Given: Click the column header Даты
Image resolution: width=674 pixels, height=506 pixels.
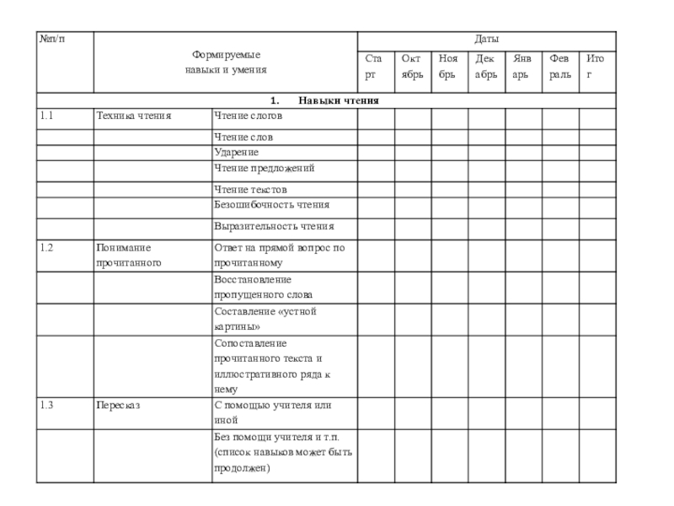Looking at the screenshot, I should (486, 40).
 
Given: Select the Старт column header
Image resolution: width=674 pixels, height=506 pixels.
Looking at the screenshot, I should (375, 67).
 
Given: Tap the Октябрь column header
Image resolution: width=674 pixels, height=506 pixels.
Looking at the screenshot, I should (412, 67).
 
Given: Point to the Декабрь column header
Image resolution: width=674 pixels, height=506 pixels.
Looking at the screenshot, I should (485, 67).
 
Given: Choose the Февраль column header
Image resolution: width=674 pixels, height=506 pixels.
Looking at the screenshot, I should (559, 67).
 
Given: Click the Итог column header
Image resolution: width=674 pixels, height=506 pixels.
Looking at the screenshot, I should (596, 67).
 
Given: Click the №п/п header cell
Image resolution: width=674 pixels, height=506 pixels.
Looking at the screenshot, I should (51, 40).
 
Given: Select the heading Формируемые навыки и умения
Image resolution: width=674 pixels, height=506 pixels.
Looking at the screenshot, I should (226, 62).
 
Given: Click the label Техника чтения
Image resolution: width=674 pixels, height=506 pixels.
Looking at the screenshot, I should (133, 116).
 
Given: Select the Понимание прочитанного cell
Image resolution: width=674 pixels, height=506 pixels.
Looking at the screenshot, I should (128, 255).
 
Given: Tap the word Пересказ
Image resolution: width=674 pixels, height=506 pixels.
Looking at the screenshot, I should (118, 406).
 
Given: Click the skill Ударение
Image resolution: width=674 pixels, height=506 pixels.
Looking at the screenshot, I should (237, 152).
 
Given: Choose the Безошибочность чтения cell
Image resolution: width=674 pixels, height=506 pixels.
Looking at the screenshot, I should (271, 205).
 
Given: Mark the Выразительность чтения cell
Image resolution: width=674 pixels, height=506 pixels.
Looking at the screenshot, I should (274, 226).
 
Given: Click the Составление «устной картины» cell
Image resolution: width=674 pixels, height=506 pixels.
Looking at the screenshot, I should (265, 319).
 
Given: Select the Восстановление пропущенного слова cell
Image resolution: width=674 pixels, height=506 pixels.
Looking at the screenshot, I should (263, 287).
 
